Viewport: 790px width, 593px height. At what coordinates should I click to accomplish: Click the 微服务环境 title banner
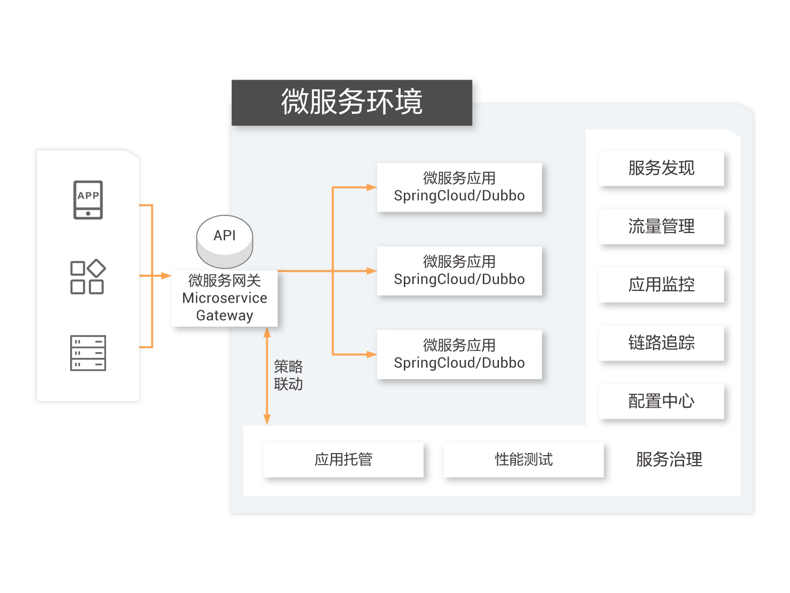tap(352, 102)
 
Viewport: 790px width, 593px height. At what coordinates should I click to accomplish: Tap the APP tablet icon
tap(88, 200)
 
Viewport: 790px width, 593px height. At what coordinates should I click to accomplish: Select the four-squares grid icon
tap(88, 277)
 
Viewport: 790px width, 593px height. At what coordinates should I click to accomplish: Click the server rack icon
tap(88, 353)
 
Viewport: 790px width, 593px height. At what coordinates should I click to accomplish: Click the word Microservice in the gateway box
tap(225, 298)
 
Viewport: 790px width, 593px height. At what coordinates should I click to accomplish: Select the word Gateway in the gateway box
tap(225, 315)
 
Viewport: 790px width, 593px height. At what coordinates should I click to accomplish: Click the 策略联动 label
tap(288, 376)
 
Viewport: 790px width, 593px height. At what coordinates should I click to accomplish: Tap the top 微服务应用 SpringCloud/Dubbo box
tap(459, 187)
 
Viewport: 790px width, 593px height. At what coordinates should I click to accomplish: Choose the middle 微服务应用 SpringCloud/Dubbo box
tap(459, 270)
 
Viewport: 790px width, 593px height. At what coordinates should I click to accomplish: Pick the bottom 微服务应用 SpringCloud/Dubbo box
tap(459, 354)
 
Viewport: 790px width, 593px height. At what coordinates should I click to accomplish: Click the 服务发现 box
tap(661, 169)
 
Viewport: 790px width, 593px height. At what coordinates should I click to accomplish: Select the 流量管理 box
tap(661, 227)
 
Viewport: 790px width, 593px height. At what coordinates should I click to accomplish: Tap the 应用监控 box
tap(661, 285)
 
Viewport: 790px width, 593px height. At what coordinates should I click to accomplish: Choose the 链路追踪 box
tap(661, 343)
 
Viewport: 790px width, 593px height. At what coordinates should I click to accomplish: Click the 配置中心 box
tap(661, 402)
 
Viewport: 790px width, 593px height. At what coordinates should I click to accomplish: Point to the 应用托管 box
tap(343, 460)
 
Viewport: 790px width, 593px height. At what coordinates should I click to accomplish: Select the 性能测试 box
tap(523, 460)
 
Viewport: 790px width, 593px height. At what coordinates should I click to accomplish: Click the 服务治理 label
tap(669, 460)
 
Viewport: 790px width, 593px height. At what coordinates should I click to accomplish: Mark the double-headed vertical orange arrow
tap(267, 376)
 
